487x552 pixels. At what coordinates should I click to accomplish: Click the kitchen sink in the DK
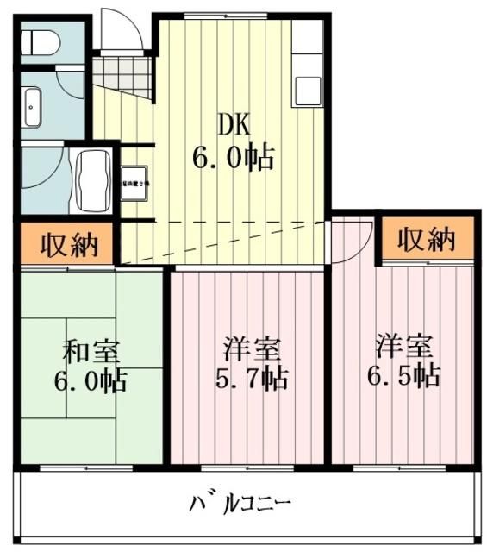click(308, 89)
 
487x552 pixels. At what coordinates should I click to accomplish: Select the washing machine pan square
click(135, 183)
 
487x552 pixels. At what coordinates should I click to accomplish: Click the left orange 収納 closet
click(66, 244)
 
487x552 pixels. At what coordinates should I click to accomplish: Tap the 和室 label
click(91, 351)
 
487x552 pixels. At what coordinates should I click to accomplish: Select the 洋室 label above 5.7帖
click(251, 349)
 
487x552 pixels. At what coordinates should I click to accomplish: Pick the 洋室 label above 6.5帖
click(403, 348)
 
